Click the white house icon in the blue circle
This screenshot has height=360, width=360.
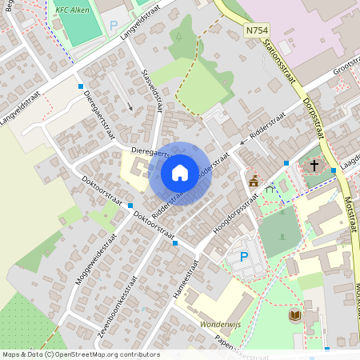180,173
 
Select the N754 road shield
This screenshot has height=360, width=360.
257,29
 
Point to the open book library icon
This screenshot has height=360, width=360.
294,315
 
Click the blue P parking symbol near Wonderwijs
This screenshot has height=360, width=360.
244,258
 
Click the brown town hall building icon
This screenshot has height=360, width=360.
254,181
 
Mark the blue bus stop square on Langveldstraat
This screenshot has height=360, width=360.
81,86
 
